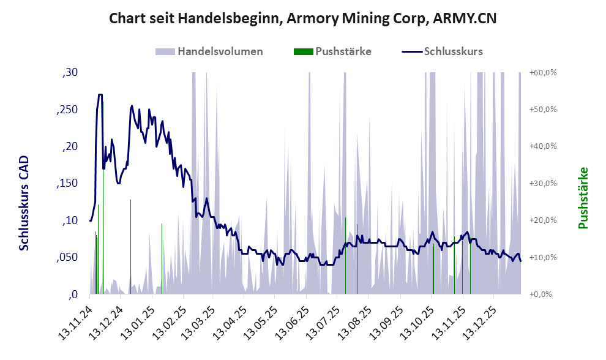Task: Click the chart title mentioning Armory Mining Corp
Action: tap(302, 18)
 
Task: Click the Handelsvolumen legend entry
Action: tap(220, 51)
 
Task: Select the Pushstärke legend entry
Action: tap(343, 51)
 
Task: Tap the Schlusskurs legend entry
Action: tap(453, 51)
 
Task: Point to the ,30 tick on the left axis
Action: tap(70, 73)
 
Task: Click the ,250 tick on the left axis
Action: tap(67, 110)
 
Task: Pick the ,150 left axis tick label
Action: tap(67, 184)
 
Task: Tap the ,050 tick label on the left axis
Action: tap(67, 258)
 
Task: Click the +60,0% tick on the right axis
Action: tap(543, 73)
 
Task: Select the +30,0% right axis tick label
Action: tap(543, 184)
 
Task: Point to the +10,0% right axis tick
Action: tap(543, 258)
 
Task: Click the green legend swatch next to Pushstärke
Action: tap(303, 51)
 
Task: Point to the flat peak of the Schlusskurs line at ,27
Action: tap(100, 95)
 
